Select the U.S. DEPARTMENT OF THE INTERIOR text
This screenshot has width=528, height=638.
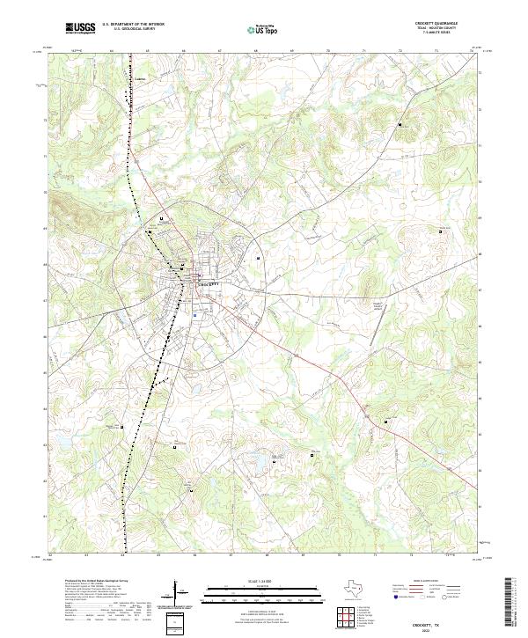pos(133,24)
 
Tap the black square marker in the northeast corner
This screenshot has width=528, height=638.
pos(401,126)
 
